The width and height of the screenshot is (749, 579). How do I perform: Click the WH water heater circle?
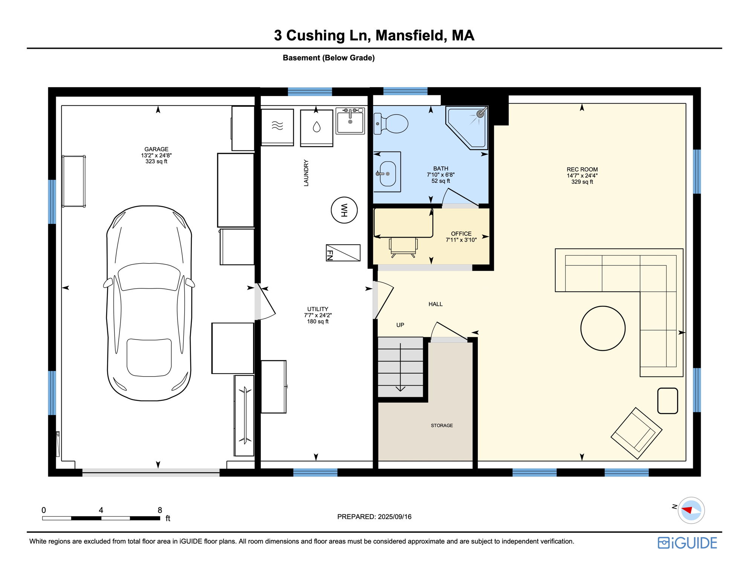pyautogui.click(x=344, y=210)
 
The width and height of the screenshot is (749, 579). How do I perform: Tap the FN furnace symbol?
pyautogui.click(x=343, y=253)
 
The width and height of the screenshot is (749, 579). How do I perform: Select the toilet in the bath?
pyautogui.click(x=392, y=124)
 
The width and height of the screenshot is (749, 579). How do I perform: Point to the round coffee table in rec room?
pyautogui.click(x=602, y=328)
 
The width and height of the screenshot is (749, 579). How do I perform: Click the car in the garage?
pyautogui.click(x=149, y=303)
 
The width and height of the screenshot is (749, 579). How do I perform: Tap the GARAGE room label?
pyautogui.click(x=156, y=149)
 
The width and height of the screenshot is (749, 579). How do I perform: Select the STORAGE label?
pyautogui.click(x=442, y=425)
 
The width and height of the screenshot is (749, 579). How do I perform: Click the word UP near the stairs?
pyautogui.click(x=400, y=325)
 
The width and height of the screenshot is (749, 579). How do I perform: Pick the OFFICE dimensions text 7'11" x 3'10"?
pyautogui.click(x=461, y=240)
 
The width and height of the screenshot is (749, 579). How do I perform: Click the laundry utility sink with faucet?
pyautogui.click(x=350, y=121)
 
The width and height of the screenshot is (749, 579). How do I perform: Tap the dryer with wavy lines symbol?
pyautogui.click(x=277, y=126)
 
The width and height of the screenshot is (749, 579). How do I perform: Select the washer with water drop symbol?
pyautogui.click(x=316, y=127)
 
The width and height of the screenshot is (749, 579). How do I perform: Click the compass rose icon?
pyautogui.click(x=691, y=510)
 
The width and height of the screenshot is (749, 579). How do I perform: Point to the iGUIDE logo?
pyautogui.click(x=687, y=543)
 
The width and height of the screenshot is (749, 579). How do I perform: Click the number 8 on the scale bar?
pyautogui.click(x=160, y=510)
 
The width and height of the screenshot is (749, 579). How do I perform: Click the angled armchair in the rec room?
pyautogui.click(x=636, y=433)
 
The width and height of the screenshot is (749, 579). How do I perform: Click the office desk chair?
pyautogui.click(x=403, y=247)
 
